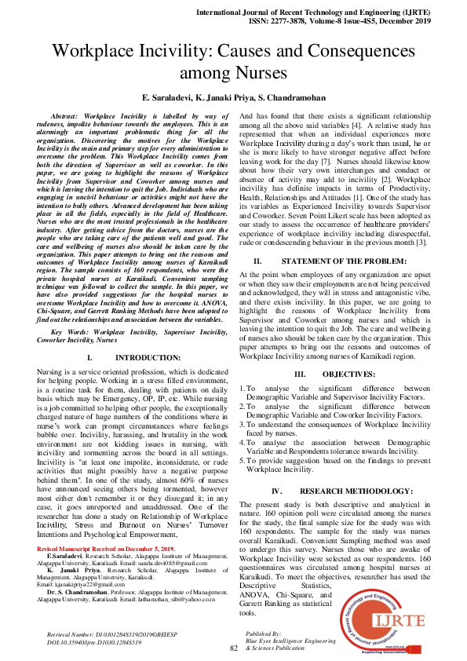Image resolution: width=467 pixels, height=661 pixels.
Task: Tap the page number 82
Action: click(x=233, y=648)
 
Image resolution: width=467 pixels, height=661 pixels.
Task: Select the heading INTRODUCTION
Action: click(x=137, y=357)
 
